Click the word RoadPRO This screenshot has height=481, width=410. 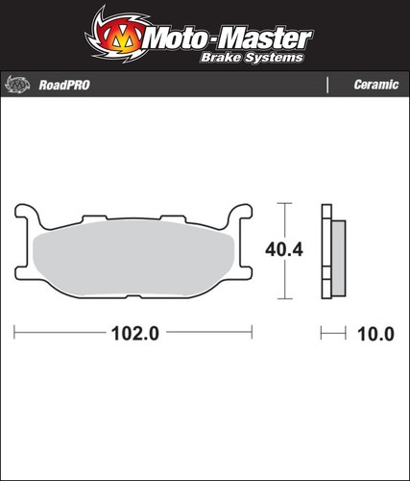coord(64,85)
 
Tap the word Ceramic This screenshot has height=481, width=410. coord(376,85)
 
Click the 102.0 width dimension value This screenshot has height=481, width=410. coord(135,334)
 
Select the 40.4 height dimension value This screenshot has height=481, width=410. coord(284,249)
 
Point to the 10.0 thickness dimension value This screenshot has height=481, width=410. coord(375,334)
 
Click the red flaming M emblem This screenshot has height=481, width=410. coord(121,36)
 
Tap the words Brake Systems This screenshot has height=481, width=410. coord(252,58)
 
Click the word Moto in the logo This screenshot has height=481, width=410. coord(176,39)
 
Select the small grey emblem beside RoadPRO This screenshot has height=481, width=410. coord(17,85)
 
